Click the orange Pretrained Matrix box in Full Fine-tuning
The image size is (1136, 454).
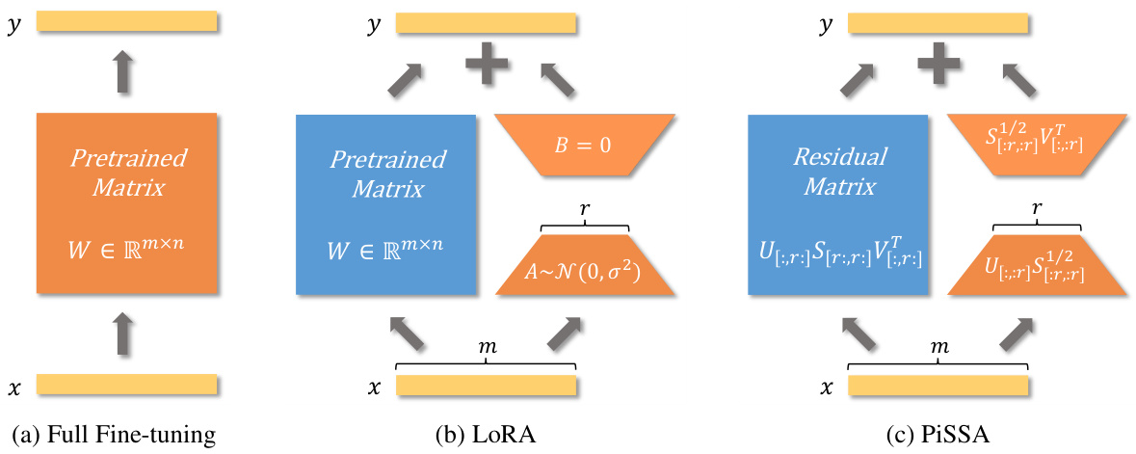point(127,204)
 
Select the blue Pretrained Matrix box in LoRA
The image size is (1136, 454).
point(385,204)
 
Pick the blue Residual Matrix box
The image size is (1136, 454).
point(837,204)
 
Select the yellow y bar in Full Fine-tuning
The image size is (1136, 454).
point(127,23)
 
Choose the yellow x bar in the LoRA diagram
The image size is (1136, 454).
point(487,387)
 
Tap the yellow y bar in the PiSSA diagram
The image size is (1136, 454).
point(938,23)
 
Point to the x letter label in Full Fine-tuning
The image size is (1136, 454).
point(13,388)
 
